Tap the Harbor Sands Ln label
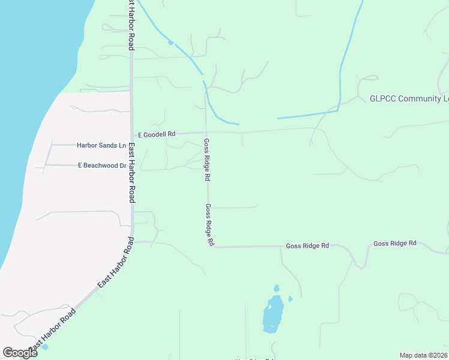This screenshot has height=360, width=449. tap(101, 145)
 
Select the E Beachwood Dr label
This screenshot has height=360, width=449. tap(101, 165)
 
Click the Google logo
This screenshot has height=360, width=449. tap(20, 353)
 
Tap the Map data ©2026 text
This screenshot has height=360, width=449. tap(423, 355)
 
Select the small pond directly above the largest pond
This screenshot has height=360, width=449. tap(277, 288)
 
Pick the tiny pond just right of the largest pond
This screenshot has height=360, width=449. tap(291, 299)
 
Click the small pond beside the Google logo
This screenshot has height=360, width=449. tap(45, 346)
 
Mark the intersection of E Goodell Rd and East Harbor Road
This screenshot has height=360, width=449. tap(132, 134)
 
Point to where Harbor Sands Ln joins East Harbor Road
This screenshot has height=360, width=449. tap(131, 145)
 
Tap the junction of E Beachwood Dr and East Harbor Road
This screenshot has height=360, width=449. tap(131, 165)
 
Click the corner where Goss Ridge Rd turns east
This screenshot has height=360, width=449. tap(212, 246)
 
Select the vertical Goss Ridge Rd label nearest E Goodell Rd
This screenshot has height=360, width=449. tap(207, 160)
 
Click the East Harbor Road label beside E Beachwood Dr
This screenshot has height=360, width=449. tap(131, 174)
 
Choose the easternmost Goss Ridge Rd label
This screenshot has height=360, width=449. tap(394, 243)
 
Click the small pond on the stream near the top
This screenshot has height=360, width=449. tap(171, 43)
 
